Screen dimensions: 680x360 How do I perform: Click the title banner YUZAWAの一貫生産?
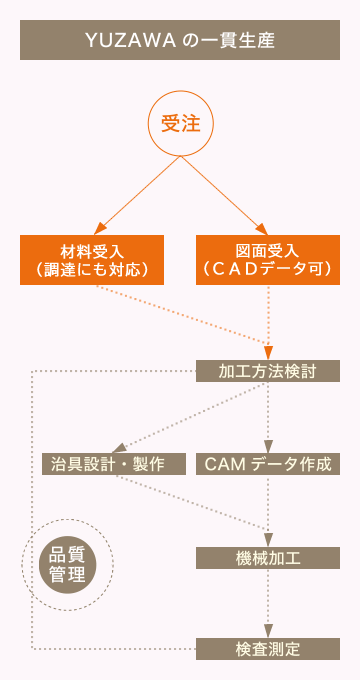180,41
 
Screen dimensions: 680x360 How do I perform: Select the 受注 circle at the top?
181,124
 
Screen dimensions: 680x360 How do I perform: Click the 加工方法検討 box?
267,371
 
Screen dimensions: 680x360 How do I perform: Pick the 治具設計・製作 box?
114,464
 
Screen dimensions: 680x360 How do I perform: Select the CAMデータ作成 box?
267,464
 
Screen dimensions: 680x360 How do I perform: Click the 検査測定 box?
267,648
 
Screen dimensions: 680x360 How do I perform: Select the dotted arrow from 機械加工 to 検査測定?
268,600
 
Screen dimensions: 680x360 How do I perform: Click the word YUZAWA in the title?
121,41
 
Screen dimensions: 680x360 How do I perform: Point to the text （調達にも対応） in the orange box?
91,270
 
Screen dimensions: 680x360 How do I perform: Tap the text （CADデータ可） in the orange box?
267,270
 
